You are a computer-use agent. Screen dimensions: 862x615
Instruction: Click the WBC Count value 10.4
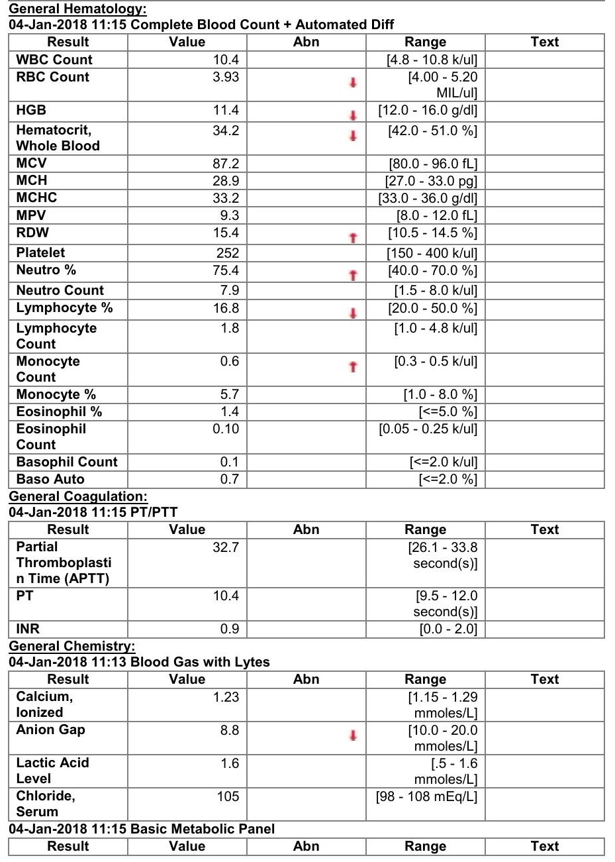226,60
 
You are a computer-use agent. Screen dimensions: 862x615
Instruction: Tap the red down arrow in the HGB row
353,115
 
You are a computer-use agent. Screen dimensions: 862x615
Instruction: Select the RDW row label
32,233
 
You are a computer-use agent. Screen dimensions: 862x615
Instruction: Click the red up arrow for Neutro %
353,275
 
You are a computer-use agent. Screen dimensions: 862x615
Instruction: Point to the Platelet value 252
227,253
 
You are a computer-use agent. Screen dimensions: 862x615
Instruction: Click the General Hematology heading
77,9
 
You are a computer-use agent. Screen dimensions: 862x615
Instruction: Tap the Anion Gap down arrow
353,735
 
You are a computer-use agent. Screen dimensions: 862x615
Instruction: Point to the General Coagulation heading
77,497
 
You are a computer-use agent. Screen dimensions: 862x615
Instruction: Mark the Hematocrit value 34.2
226,131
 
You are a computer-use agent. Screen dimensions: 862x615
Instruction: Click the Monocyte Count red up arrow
353,366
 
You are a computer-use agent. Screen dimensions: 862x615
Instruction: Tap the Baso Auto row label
50,479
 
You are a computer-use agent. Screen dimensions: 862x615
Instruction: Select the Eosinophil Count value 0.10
226,429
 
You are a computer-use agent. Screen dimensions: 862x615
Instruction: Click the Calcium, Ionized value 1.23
226,697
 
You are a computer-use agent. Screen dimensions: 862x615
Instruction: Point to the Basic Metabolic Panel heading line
142,829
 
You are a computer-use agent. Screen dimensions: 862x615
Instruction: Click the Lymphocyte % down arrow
353,313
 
